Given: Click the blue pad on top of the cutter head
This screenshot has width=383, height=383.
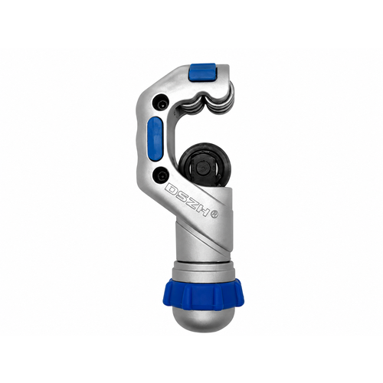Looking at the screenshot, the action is click(x=203, y=73).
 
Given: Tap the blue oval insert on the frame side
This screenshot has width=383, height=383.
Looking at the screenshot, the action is click(x=155, y=139).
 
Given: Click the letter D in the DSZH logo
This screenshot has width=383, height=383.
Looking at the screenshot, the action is click(x=172, y=189).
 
